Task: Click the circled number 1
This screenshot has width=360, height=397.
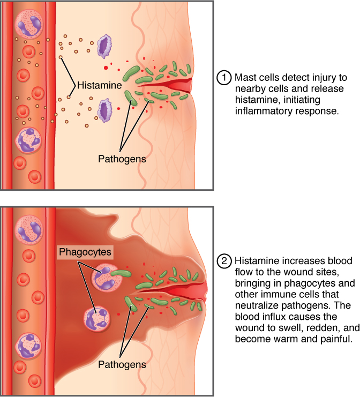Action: coord(223,77)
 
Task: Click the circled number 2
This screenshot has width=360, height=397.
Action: coord(223,262)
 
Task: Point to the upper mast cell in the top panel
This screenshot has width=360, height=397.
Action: coord(104,47)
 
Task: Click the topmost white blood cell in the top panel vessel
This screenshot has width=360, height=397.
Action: coord(28,22)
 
